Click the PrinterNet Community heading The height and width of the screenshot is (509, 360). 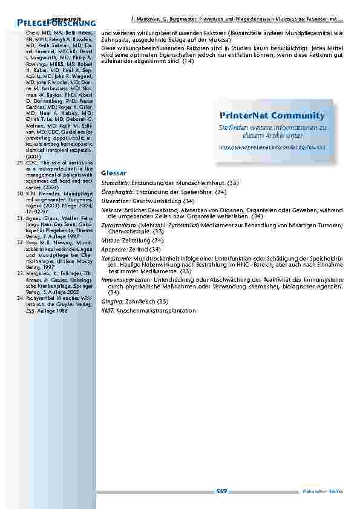(x=272, y=115)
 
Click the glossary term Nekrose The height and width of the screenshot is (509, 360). (x=111, y=209)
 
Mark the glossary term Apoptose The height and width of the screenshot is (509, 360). (x=113, y=249)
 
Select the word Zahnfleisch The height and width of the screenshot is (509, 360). (x=139, y=301)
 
